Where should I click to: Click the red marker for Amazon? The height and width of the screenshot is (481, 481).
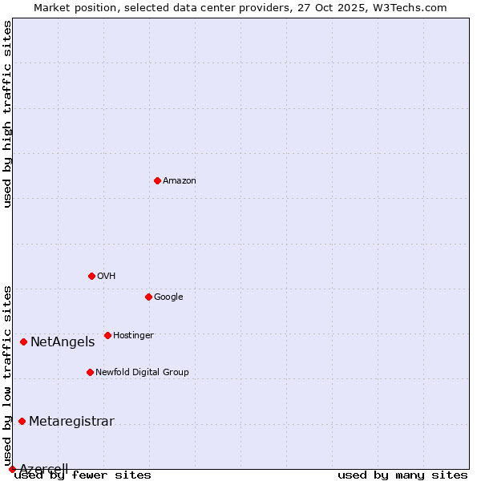[157, 180]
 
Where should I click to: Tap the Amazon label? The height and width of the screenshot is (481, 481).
[180, 181]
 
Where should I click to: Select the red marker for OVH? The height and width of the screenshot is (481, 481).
[91, 276]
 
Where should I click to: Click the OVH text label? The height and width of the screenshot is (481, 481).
[107, 277]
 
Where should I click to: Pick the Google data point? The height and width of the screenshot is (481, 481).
[148, 297]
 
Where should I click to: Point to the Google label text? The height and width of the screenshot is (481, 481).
[168, 297]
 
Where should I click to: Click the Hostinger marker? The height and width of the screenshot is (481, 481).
[107, 335]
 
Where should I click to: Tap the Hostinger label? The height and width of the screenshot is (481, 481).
[133, 336]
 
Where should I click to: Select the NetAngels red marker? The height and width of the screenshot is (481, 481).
[23, 342]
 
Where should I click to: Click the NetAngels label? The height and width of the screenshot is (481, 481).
[63, 342]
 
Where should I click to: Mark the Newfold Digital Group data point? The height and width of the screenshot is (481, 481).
[90, 372]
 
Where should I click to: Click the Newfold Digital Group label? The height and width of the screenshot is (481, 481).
[142, 373]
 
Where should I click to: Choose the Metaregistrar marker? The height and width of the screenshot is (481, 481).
[22, 421]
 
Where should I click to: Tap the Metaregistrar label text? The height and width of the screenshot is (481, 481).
[71, 422]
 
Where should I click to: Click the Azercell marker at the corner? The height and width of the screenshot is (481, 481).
[12, 469]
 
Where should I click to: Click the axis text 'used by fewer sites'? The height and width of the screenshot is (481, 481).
[83, 475]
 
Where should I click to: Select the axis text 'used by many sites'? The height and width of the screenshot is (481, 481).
[402, 475]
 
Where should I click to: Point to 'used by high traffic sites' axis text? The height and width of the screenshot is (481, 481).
[8, 114]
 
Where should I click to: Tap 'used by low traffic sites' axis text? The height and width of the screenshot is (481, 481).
[8, 375]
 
